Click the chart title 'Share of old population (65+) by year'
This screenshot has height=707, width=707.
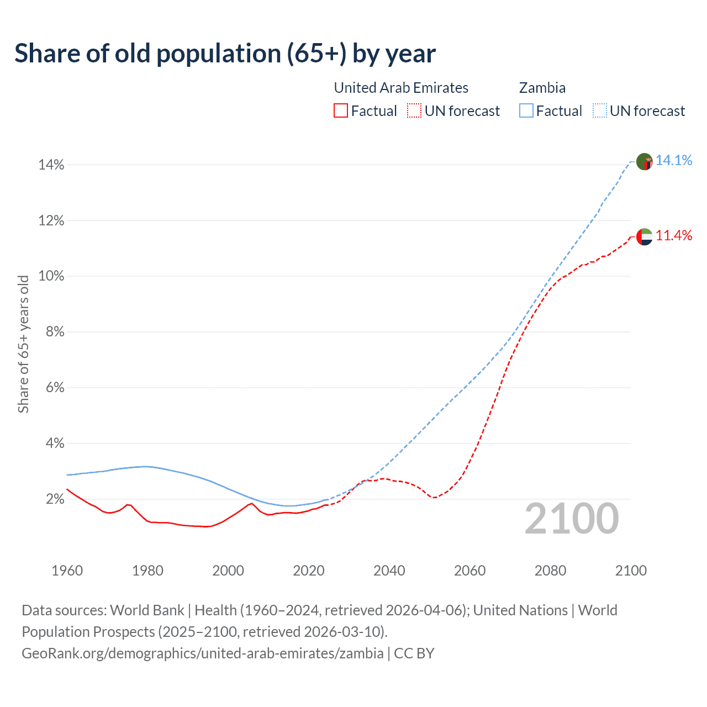click(x=225, y=54)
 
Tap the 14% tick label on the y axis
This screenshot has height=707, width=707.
click(x=51, y=165)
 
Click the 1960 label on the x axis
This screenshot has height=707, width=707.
click(x=67, y=571)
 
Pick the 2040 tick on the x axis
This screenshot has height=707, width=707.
click(x=389, y=571)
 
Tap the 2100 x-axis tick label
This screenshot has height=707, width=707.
click(x=631, y=571)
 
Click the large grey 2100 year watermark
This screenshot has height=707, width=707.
click(x=572, y=519)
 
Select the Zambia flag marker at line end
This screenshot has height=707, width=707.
click(x=645, y=162)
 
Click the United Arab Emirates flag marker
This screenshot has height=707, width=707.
click(x=645, y=237)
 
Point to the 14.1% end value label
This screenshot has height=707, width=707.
click(x=674, y=160)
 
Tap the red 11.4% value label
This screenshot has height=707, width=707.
click(x=674, y=235)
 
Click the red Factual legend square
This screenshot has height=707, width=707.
click(x=341, y=111)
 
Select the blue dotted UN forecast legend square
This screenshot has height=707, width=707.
click(x=600, y=111)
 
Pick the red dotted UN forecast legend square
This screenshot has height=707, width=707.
click(x=414, y=111)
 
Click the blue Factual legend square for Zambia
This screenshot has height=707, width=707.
click(x=526, y=111)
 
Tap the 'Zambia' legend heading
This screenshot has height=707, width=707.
click(x=542, y=88)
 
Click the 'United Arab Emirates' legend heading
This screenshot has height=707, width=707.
click(x=401, y=88)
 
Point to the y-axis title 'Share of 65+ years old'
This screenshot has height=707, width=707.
click(x=23, y=344)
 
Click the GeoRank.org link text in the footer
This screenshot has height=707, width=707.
click(x=202, y=653)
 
